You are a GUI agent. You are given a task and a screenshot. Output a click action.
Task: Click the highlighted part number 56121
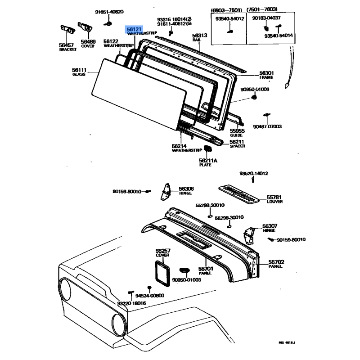click(x=134, y=29)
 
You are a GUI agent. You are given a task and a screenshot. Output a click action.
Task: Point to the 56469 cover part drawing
click(x=85, y=27)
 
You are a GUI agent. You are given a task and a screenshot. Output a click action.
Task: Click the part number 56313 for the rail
click(x=199, y=36)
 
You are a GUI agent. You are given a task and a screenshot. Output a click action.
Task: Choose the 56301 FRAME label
click(x=266, y=75)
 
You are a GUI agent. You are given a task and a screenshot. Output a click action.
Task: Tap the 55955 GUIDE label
click(x=237, y=132)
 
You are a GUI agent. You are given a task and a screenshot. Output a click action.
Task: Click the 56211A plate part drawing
click(x=207, y=148)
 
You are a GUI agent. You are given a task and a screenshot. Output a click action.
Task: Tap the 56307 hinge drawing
click(x=248, y=234)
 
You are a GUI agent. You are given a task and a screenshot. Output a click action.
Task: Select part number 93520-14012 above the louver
click(x=253, y=173)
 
